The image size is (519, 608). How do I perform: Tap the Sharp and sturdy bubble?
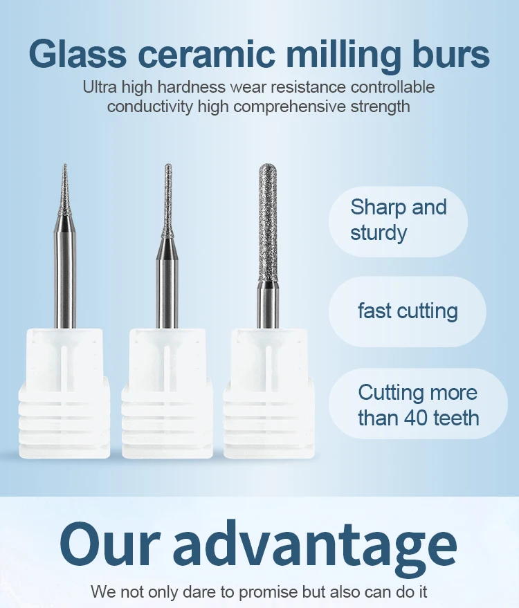point(398,220)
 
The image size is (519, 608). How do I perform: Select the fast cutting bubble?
point(407,311)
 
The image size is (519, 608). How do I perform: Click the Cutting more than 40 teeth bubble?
point(417,405)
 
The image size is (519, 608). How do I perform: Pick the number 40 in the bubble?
point(408,418)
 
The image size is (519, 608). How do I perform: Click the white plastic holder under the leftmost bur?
point(65,394)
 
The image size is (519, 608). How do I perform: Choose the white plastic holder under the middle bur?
point(167,394)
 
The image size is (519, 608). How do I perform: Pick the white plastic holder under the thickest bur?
point(268,394)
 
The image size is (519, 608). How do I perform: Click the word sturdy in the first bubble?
point(379,233)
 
